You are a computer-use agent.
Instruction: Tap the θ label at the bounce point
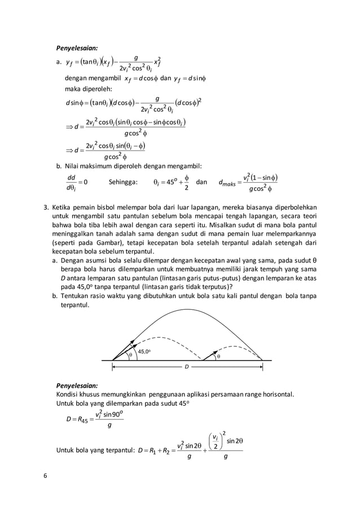219,356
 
